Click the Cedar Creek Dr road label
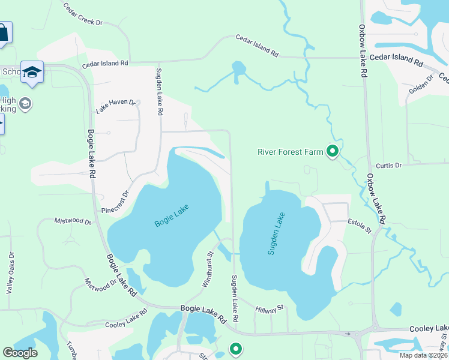[83, 14]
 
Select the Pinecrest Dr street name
[116, 202]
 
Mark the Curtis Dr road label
[388, 166]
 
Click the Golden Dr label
[421, 85]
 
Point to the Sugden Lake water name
[276, 237]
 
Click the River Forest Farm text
[291, 152]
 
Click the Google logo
[20, 353]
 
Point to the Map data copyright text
[423, 355]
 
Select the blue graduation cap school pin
[32, 72]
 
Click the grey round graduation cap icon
[25, 104]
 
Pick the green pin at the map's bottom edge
[237, 348]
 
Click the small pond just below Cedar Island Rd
[238, 69]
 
